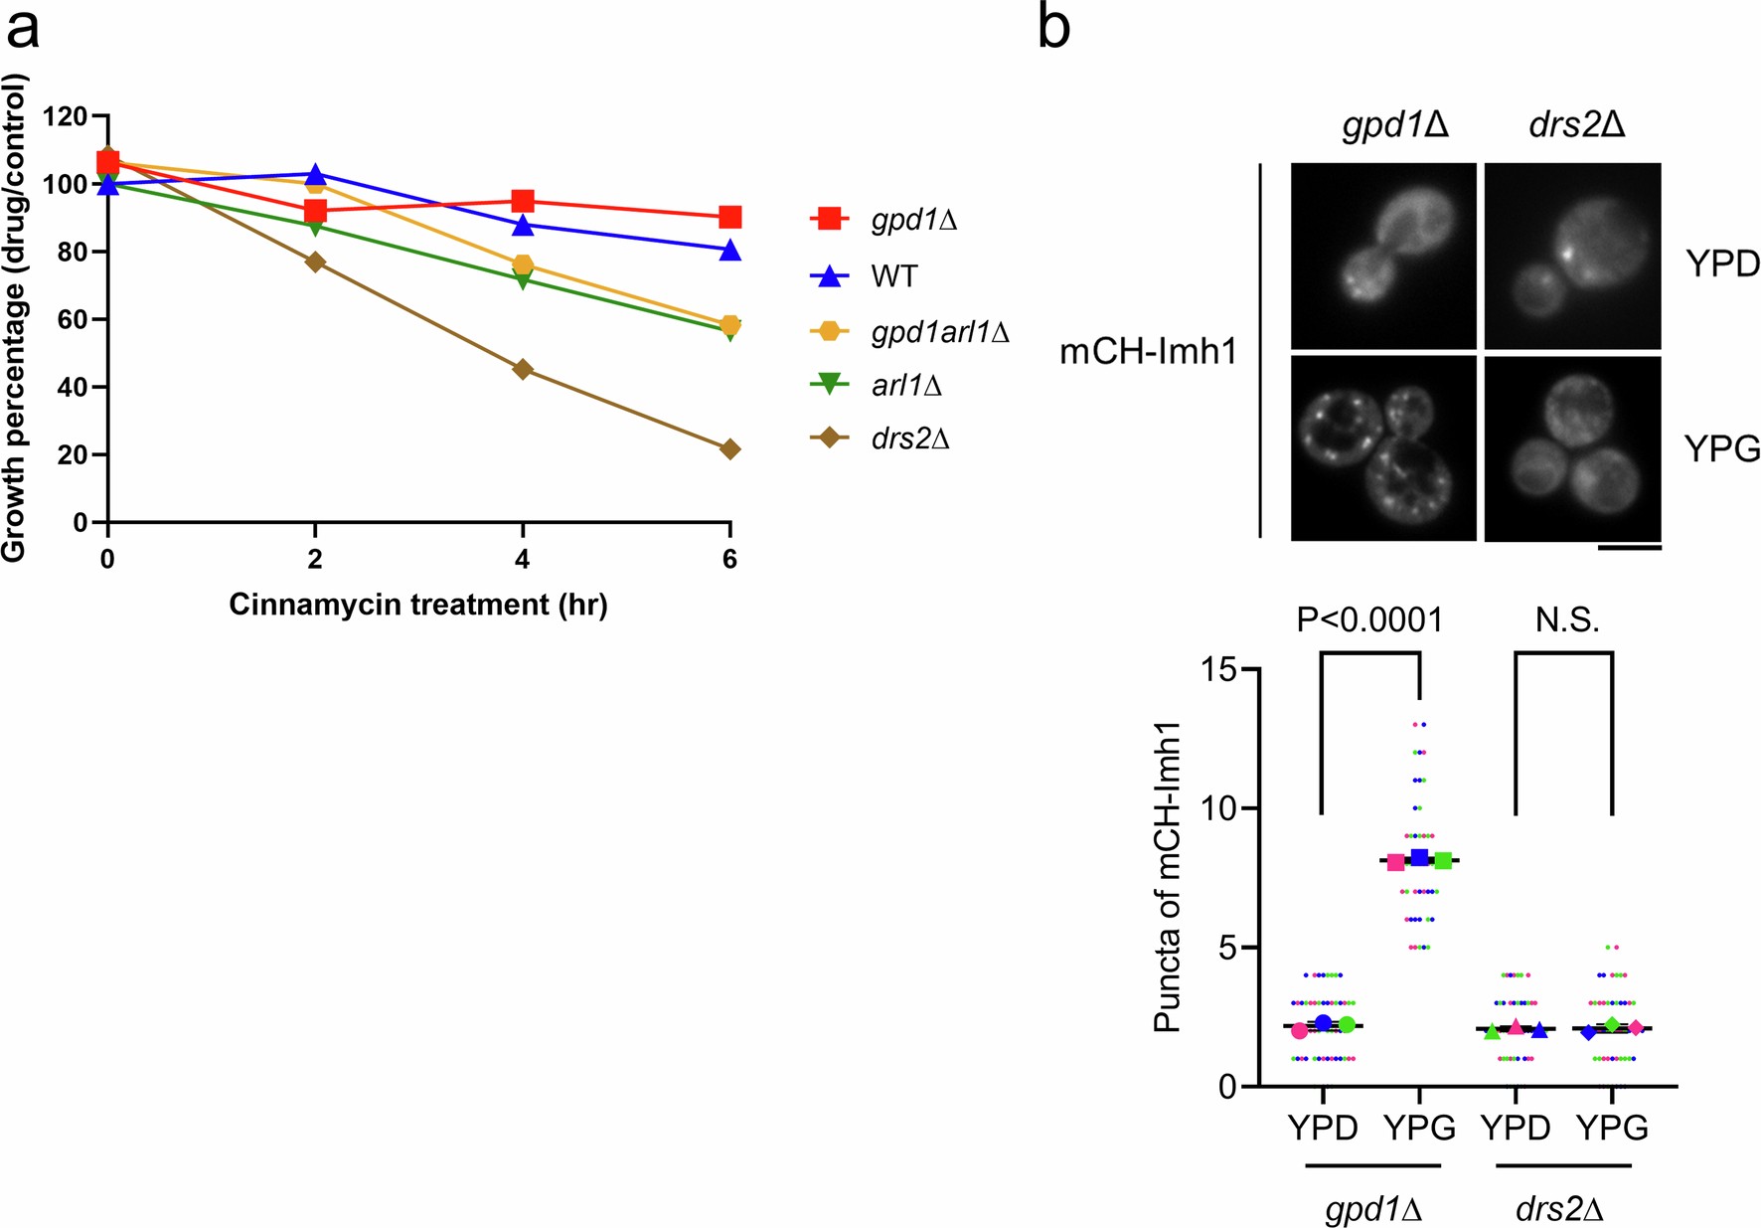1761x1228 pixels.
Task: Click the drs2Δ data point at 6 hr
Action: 729,449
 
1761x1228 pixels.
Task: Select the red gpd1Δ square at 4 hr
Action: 523,202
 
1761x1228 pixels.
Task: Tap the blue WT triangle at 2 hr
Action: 315,175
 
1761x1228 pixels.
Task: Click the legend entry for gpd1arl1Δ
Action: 939,332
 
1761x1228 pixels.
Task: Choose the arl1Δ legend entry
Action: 905,386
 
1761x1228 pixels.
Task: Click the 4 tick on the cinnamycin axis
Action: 523,560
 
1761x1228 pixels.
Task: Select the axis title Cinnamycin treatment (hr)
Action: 418,605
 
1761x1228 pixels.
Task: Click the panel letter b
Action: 1053,28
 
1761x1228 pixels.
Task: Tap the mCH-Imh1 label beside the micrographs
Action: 1148,352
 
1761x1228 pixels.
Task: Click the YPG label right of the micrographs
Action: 1722,449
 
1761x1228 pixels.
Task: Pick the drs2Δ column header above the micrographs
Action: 1577,126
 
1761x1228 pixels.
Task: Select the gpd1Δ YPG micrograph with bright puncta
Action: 1383,448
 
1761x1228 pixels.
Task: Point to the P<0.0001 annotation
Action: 1369,620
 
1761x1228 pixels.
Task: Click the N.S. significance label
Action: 1567,620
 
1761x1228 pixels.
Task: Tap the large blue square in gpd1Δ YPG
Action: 1419,857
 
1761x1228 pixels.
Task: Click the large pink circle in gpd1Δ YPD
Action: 1300,1031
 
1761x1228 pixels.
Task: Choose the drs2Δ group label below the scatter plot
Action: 1560,1209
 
